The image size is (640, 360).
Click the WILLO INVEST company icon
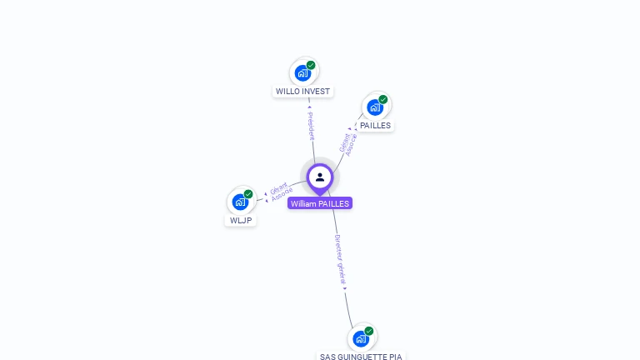tap(303, 72)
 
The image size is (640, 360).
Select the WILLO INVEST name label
tap(302, 92)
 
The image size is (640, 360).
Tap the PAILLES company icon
tap(376, 107)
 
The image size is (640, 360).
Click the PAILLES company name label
tap(375, 126)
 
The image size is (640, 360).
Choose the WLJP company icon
tap(241, 202)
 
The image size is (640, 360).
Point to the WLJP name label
tap(241, 221)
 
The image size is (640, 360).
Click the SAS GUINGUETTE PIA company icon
tap(361, 338)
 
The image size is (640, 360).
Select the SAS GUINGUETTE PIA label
tap(361, 357)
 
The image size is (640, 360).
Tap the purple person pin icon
tap(320, 177)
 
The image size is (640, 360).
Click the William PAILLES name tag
tap(320, 203)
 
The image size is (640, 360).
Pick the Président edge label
tap(311, 124)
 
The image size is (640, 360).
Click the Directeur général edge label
tap(340, 259)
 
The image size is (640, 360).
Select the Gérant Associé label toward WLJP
tap(281, 192)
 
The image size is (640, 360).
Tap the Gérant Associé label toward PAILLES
tap(348, 143)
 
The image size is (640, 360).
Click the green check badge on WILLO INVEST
tap(311, 65)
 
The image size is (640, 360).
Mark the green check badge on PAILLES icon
tap(383, 99)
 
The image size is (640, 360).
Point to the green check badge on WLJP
tap(248, 194)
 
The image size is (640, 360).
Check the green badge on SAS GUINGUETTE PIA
tap(368, 331)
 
